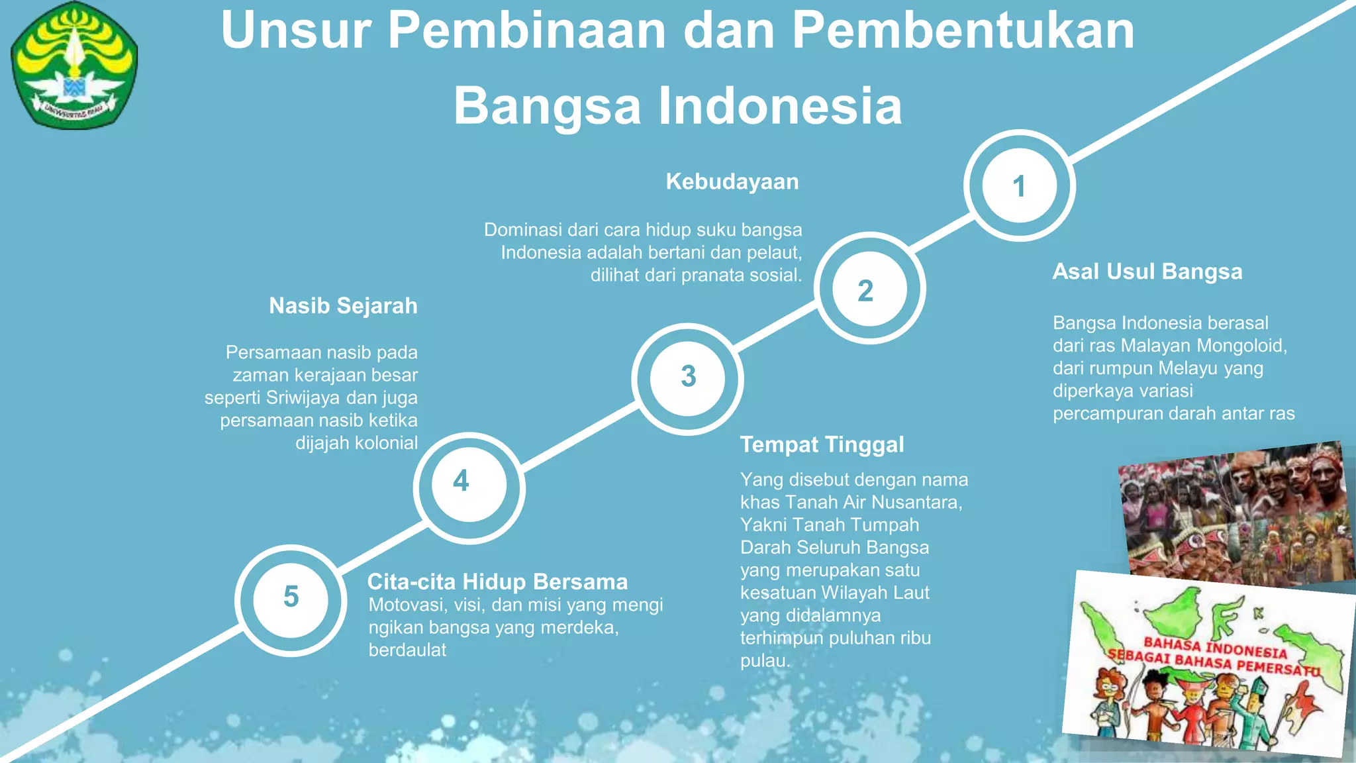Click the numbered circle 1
1019,185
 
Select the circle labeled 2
869,289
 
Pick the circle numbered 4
469,487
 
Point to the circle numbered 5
291,600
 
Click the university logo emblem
74,65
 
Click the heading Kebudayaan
732,181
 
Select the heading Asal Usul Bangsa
1147,272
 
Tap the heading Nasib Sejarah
343,306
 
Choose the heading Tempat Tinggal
822,444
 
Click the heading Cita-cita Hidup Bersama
497,582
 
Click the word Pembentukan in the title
963,30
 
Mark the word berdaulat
407,650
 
